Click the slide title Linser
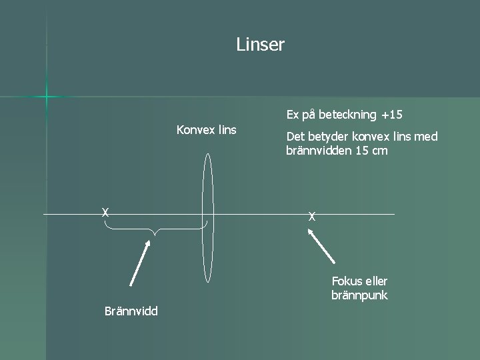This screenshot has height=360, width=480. point(260,45)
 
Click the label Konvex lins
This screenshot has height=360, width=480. point(206,129)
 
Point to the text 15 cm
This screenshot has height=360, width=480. point(372,151)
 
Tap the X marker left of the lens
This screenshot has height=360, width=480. point(105,213)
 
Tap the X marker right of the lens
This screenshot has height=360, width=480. point(311,216)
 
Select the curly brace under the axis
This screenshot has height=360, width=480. point(155,230)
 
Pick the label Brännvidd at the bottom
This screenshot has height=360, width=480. point(131,311)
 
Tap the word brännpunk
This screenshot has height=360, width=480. point(359,295)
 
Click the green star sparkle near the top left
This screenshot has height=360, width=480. point(47,97)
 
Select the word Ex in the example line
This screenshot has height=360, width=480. point(293,115)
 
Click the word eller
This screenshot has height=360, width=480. point(375,281)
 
